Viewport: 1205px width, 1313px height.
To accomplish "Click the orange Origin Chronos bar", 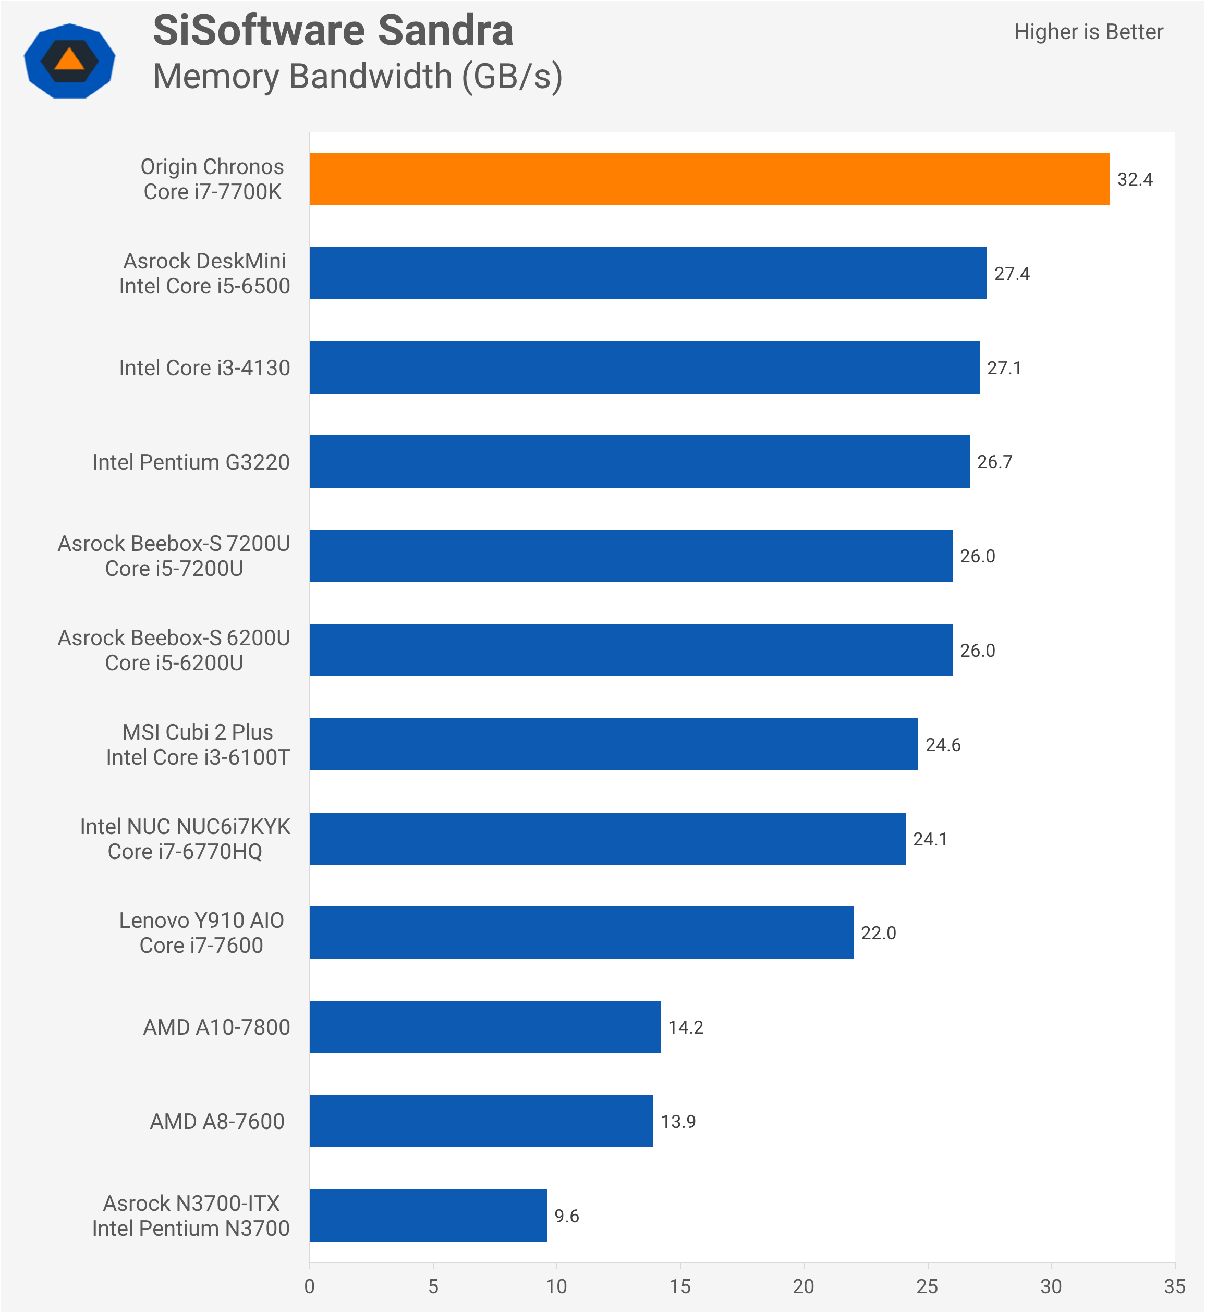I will pyautogui.click(x=710, y=179).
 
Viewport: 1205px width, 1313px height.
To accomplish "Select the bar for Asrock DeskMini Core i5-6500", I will pyautogui.click(x=648, y=273).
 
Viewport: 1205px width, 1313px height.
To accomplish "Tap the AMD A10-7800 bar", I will pyautogui.click(x=485, y=1027).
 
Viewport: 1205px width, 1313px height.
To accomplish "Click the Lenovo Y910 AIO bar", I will pyautogui.click(x=581, y=932).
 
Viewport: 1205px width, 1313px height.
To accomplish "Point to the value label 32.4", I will pyautogui.click(x=1135, y=179).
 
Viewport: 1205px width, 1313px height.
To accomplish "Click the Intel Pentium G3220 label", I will pyautogui.click(x=191, y=462).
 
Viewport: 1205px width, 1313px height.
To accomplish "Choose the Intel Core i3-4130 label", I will pyautogui.click(x=204, y=367).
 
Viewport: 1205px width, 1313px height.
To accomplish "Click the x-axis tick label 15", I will pyautogui.click(x=680, y=1286).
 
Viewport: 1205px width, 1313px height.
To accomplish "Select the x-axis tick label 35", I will pyautogui.click(x=1174, y=1286).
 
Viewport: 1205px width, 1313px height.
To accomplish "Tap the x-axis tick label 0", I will pyautogui.click(x=310, y=1286).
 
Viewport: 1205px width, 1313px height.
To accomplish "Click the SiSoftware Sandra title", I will pyautogui.click(x=333, y=31).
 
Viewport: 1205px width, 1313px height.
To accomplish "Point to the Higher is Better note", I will pyautogui.click(x=1088, y=32).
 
